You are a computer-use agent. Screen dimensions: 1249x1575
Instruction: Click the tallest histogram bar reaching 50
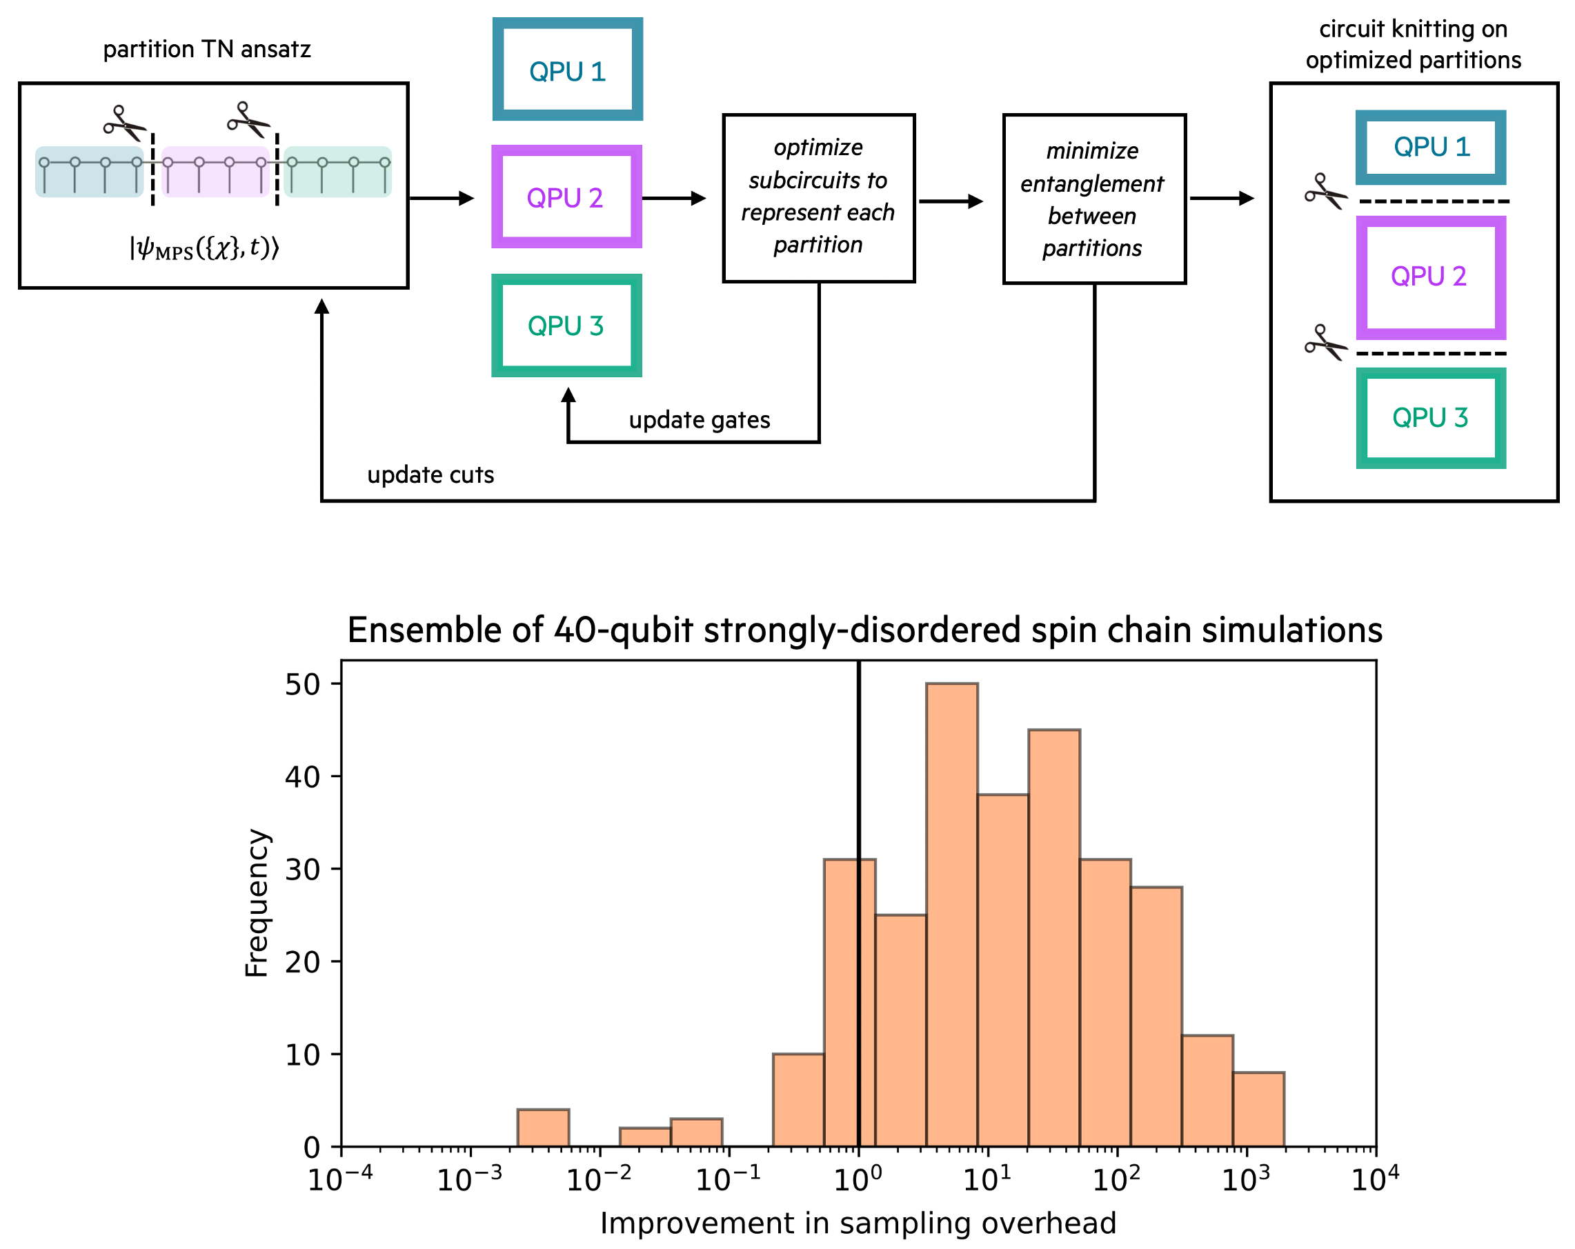coord(951,913)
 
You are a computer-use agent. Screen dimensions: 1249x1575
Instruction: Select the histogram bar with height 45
coord(1053,935)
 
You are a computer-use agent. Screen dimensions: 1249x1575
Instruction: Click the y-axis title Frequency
coord(257,903)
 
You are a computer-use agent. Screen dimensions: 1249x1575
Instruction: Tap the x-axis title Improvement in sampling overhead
coord(858,1223)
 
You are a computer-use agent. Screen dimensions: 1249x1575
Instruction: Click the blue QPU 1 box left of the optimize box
coord(567,70)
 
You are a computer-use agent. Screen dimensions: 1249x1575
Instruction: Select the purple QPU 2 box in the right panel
coord(1430,277)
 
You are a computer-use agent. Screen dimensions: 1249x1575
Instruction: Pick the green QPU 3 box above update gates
coord(566,326)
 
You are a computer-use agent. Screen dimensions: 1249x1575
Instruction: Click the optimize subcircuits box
coord(818,197)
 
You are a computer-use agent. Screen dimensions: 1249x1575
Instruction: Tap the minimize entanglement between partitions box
coord(1093,199)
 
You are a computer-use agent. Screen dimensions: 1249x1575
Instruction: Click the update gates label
coord(699,420)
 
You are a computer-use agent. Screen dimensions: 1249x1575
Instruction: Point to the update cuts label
coord(430,474)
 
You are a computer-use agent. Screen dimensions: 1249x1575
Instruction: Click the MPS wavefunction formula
coord(204,248)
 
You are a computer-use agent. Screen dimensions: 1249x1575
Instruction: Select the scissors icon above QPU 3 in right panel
coord(1325,342)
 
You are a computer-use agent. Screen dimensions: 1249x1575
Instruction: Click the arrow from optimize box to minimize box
coord(951,201)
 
